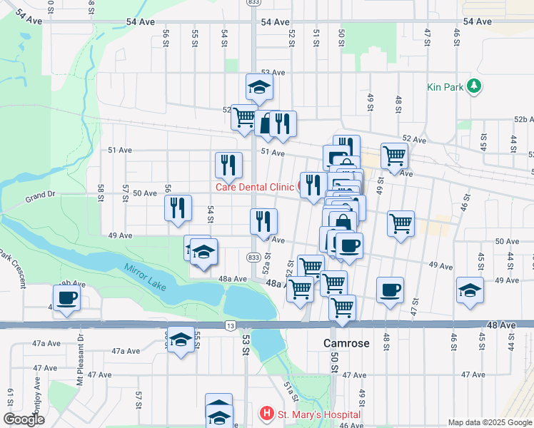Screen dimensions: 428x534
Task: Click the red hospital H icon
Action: (266, 414)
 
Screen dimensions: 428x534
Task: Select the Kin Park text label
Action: (445, 87)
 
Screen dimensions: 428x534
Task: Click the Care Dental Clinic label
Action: (255, 187)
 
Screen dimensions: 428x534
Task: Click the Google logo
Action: (24, 419)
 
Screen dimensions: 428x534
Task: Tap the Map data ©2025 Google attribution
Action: (488, 422)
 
